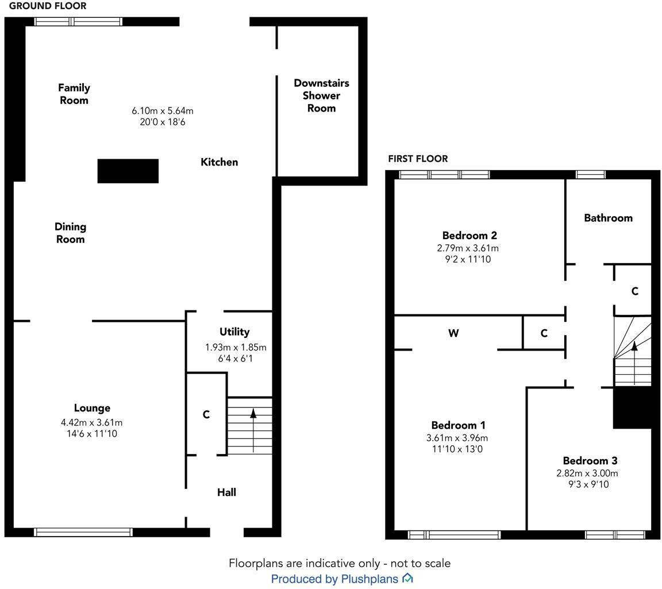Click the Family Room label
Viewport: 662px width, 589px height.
coord(74,94)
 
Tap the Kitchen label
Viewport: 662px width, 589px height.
coord(219,162)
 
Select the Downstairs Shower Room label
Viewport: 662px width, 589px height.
coord(321,95)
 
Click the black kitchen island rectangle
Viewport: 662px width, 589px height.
coord(128,171)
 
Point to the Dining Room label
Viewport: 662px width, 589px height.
coord(70,233)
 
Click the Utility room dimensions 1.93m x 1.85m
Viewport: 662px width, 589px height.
coord(236,348)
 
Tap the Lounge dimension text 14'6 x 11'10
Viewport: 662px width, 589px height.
coord(92,434)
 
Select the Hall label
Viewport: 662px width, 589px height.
coord(226,492)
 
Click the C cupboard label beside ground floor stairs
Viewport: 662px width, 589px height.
coord(206,414)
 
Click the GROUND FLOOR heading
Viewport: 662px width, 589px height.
coord(48,6)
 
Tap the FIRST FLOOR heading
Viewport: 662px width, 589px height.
coord(418,159)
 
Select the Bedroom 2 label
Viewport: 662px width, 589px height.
coord(469,235)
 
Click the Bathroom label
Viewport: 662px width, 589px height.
coord(608,218)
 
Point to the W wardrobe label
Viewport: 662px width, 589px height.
coord(453,333)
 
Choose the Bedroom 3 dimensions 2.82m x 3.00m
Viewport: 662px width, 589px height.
coord(587,473)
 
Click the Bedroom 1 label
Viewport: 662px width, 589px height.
coord(458,425)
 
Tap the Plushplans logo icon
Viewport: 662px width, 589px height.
coord(407,578)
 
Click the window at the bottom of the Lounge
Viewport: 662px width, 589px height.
coord(83,532)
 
